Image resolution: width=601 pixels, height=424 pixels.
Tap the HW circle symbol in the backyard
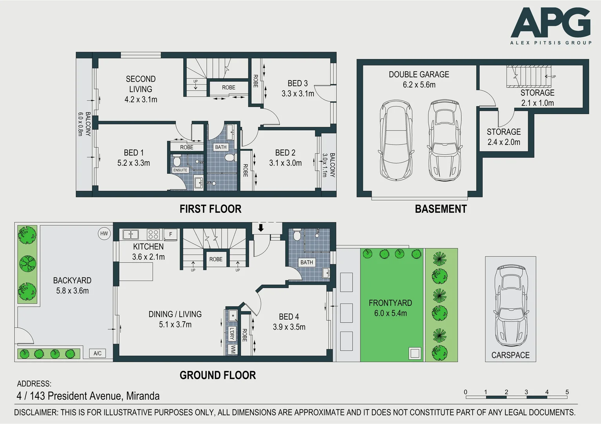point(104,234)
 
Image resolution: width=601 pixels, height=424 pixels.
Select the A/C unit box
point(97,353)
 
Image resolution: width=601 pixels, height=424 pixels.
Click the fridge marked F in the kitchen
point(170,234)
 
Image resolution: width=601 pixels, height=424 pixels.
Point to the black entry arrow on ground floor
point(260,228)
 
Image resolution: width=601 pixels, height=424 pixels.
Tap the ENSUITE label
point(180,170)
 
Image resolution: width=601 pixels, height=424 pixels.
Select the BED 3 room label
point(297,83)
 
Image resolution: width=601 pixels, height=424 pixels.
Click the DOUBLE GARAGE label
point(419,75)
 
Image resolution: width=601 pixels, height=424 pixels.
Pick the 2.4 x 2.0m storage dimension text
point(504,142)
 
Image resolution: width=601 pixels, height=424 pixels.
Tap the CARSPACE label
point(510,355)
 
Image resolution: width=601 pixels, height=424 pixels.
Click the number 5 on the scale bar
point(567,392)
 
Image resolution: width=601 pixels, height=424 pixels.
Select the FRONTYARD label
point(390,303)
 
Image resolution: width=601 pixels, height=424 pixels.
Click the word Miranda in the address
point(143,396)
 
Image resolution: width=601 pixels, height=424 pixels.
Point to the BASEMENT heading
point(441,209)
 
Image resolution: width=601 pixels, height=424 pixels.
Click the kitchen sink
point(131,234)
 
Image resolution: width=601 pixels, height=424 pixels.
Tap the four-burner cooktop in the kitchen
point(153,234)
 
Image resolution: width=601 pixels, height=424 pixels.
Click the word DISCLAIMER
point(36,413)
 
